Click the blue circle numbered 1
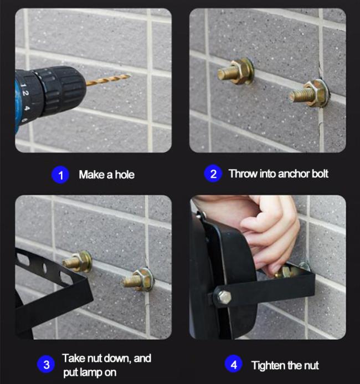coord(60,175)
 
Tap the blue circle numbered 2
coord(213,173)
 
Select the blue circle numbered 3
coord(46,365)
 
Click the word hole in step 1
coord(125,175)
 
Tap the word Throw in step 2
coord(243,173)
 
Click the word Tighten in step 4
coord(268,366)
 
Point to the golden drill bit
coord(108,80)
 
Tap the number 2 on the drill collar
coord(25,93)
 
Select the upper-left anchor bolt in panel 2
coord(236,71)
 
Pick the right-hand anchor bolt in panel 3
coord(137,279)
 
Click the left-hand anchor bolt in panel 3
coord(78,262)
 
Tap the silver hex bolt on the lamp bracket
coord(223,297)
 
